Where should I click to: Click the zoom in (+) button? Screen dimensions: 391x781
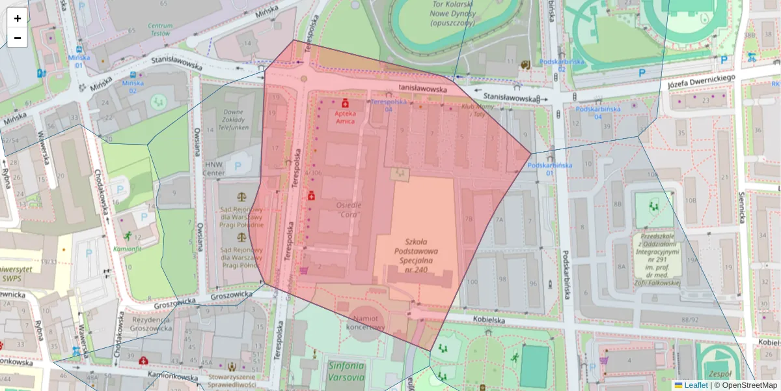pyautogui.click(x=18, y=18)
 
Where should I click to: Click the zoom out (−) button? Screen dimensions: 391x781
pyautogui.click(x=18, y=38)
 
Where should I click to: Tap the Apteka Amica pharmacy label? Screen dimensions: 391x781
pyautogui.click(x=345, y=117)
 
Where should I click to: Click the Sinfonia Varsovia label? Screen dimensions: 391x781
pyautogui.click(x=346, y=371)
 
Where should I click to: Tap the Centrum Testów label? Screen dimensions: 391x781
pyautogui.click(x=160, y=29)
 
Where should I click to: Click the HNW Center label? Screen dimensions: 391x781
pyautogui.click(x=214, y=169)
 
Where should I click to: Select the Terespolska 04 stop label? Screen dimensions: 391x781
pyautogui.click(x=390, y=105)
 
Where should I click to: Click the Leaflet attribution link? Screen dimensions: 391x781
pyautogui.click(x=695, y=385)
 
